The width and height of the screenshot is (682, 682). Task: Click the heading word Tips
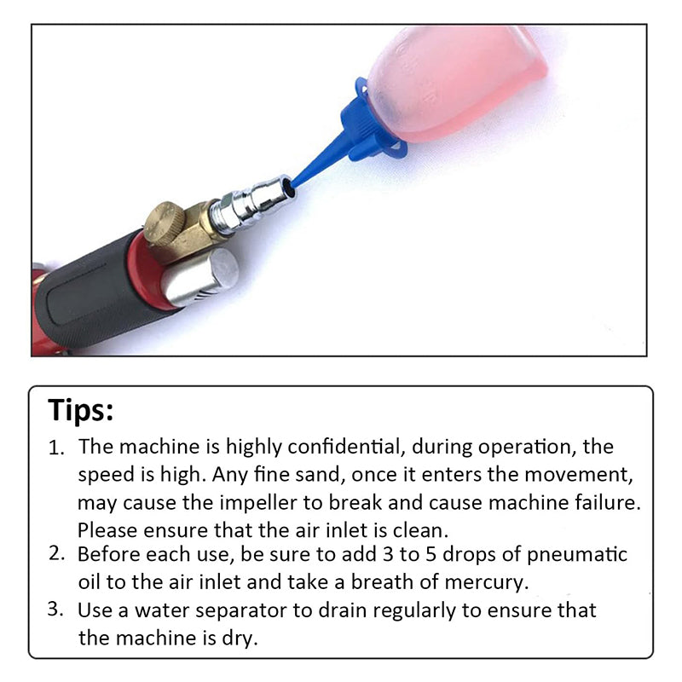[80, 410]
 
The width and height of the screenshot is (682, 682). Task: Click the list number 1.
[56, 448]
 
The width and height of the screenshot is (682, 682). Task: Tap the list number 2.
[56, 553]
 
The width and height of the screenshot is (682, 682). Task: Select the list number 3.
[56, 609]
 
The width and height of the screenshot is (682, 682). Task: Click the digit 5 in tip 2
[431, 555]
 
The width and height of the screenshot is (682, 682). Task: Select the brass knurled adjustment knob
[165, 223]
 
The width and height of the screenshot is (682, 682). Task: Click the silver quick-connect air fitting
[251, 204]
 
